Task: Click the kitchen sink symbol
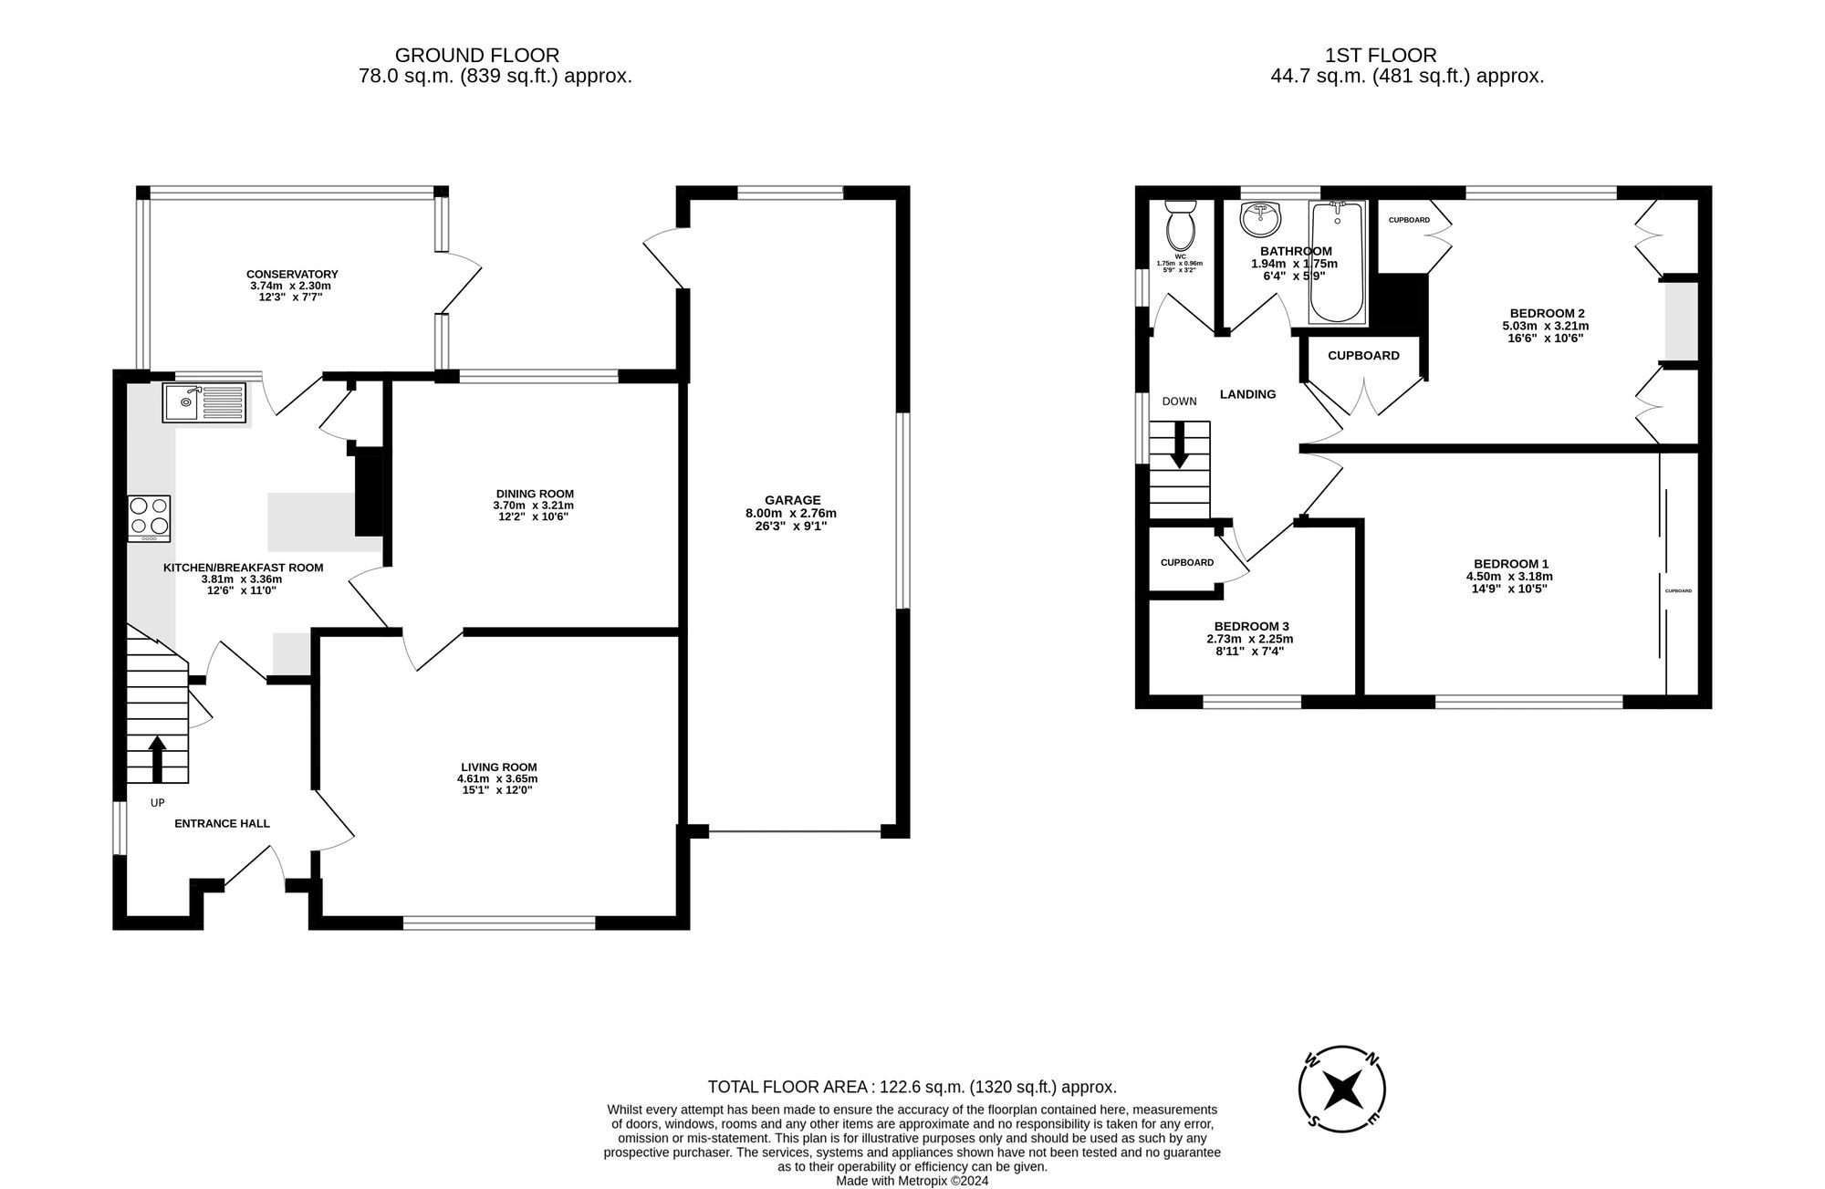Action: pyautogui.click(x=204, y=402)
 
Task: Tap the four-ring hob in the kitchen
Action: pyautogui.click(x=149, y=517)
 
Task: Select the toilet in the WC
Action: pyautogui.click(x=1181, y=225)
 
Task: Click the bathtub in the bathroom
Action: pyautogui.click(x=1337, y=264)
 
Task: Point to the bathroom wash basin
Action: pyautogui.click(x=1261, y=220)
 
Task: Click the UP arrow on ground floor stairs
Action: pyautogui.click(x=157, y=758)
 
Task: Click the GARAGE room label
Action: pyautogui.click(x=792, y=500)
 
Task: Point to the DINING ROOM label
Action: pyautogui.click(x=535, y=494)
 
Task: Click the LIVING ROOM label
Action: pyautogui.click(x=498, y=767)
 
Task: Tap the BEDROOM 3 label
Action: pyautogui.click(x=1251, y=626)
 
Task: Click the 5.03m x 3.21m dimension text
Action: pyautogui.click(x=1545, y=326)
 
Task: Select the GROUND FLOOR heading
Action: pyautogui.click(x=476, y=56)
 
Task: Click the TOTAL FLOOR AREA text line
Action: pyautogui.click(x=912, y=1087)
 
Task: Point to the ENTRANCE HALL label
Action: pyautogui.click(x=222, y=823)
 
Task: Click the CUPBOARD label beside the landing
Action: pyautogui.click(x=1362, y=356)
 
